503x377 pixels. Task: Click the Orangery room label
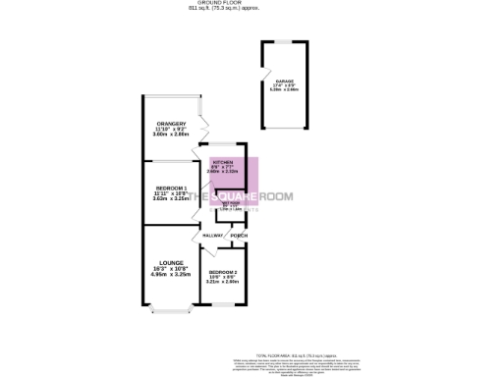click(170, 124)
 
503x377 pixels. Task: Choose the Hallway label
click(212, 236)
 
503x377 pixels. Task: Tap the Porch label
click(237, 236)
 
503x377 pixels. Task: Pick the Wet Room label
click(229, 203)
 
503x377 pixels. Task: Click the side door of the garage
click(262, 80)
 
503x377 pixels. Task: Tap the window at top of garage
click(284, 41)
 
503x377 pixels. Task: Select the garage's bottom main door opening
click(284, 128)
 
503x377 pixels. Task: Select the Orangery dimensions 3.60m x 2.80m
click(170, 135)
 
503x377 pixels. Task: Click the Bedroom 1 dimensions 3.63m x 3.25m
click(171, 198)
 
